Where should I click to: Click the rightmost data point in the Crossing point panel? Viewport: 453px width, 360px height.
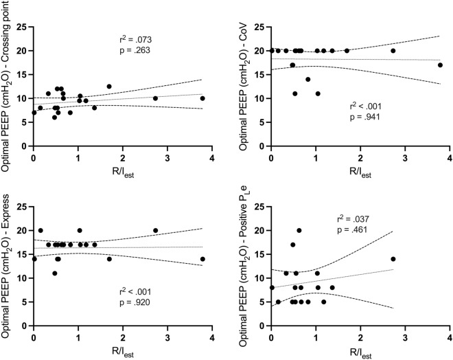pos(202,98)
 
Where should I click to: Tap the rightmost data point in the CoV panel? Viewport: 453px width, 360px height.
pos(440,65)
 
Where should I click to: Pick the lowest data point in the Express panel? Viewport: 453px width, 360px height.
pos(55,273)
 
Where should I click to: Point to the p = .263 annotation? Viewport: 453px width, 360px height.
pos(131,49)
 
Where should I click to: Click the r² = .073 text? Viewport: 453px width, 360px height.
pos(131,38)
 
